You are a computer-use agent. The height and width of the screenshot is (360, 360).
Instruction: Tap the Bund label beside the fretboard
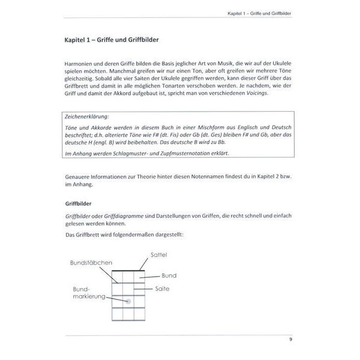pos(169,275)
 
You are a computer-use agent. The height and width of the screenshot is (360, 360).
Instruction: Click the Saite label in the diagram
pos(163,289)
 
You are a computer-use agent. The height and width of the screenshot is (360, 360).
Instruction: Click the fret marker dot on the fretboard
pos(128,301)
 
